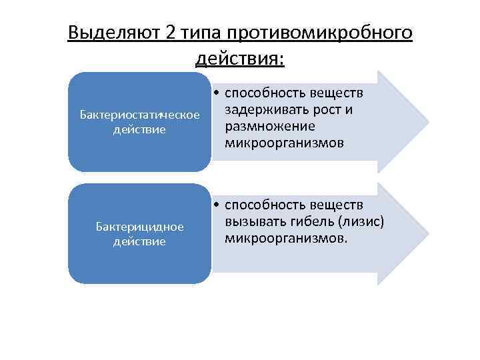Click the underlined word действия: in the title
[240, 59]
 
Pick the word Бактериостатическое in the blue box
[140, 115]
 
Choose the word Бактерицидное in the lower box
[140, 227]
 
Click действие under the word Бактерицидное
[140, 241]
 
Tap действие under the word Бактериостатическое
[140, 129]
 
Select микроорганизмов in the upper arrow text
[285, 142]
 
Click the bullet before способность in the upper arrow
[218, 95]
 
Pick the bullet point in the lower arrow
[218, 207]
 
